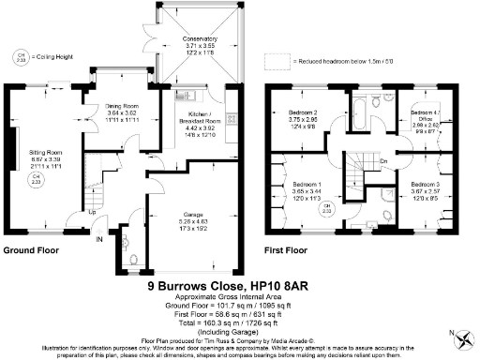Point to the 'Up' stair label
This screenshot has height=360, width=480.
click(91, 212)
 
